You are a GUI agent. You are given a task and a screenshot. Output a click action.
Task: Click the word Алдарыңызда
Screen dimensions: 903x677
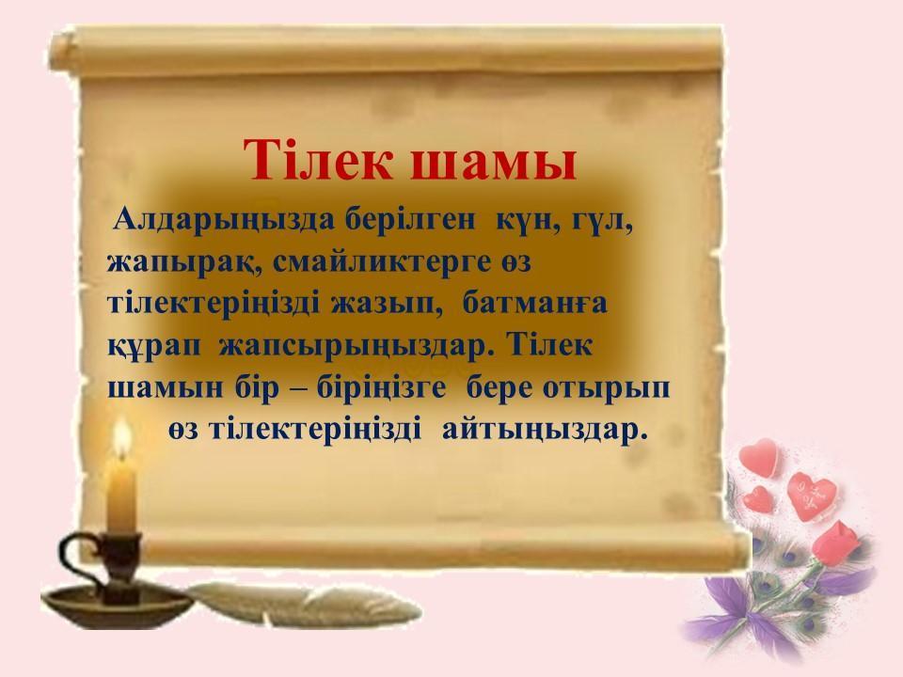224,220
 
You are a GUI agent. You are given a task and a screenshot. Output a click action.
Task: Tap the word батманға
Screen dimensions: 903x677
535,303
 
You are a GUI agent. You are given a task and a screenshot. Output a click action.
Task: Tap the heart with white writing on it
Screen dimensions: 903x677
812,496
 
